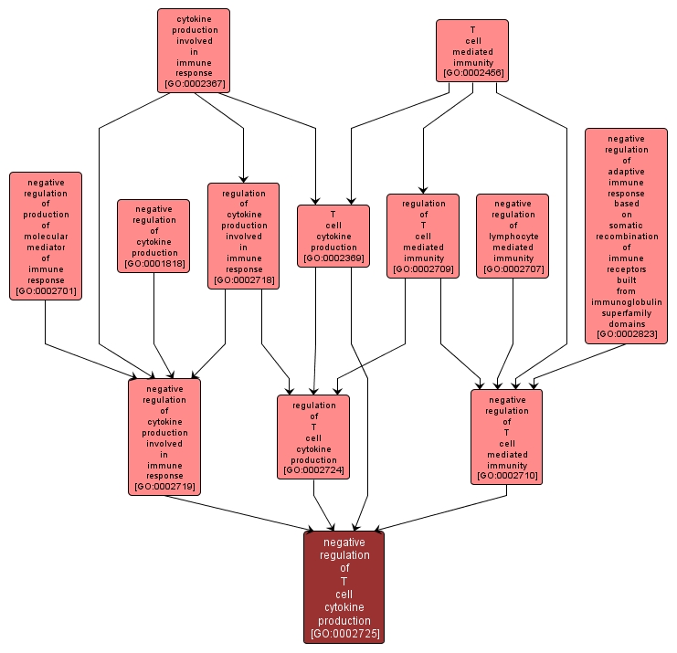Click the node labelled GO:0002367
[x=193, y=50]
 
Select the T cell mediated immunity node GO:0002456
[x=471, y=49]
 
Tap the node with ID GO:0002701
[x=46, y=236]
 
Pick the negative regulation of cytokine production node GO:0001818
[x=153, y=236]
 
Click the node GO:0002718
[x=244, y=236]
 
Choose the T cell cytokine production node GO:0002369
[x=333, y=236]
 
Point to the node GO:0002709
[x=422, y=236]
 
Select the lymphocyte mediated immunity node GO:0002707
[x=513, y=236]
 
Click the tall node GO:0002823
[x=626, y=236]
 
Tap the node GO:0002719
[x=164, y=437]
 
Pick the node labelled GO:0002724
[x=313, y=437]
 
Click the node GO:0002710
[x=507, y=437]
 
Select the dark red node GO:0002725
[x=344, y=586]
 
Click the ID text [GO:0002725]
[x=344, y=633]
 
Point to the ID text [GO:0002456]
[x=472, y=72]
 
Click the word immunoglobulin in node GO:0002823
[x=626, y=302]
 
